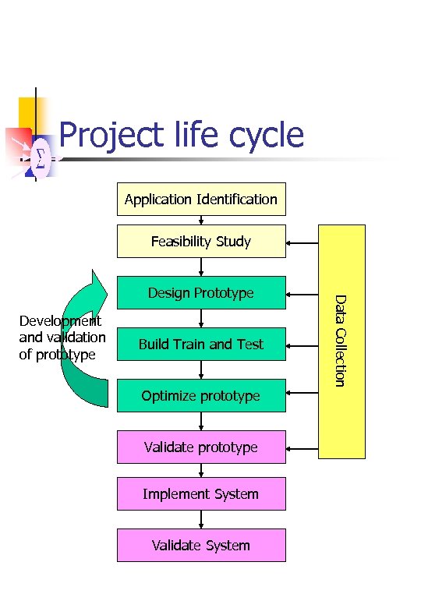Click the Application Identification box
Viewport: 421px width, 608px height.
click(201, 199)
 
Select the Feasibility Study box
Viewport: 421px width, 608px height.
click(201, 241)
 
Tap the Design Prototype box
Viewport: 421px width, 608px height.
click(201, 293)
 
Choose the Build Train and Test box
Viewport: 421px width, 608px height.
click(201, 345)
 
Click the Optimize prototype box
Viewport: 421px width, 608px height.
click(201, 396)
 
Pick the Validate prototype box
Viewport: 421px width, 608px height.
click(201, 447)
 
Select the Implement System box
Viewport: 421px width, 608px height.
click(201, 494)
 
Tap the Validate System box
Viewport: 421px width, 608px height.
click(201, 546)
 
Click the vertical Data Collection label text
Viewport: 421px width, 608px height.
click(340, 340)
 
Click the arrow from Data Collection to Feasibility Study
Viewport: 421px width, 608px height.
click(302, 243)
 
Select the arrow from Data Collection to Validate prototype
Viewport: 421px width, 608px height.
click(302, 449)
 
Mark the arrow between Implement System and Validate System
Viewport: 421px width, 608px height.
click(201, 520)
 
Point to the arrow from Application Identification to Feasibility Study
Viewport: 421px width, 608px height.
click(201, 220)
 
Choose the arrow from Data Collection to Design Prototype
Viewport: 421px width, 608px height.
click(302, 295)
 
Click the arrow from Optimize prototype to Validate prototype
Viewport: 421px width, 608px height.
click(201, 421)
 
